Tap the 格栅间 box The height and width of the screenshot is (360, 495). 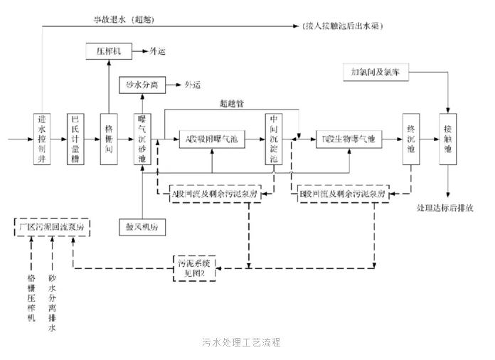click(x=109, y=138)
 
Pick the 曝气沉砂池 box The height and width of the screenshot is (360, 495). click(x=142, y=138)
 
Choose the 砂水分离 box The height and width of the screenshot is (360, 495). click(x=142, y=85)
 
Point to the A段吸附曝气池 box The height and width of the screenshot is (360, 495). click(x=212, y=139)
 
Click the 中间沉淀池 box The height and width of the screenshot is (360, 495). click(x=275, y=138)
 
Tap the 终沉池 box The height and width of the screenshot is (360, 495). click(x=410, y=138)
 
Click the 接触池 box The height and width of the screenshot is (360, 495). click(x=448, y=138)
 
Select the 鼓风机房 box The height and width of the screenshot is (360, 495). click(x=142, y=227)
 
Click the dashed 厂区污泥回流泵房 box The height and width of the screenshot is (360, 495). click(x=52, y=227)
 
